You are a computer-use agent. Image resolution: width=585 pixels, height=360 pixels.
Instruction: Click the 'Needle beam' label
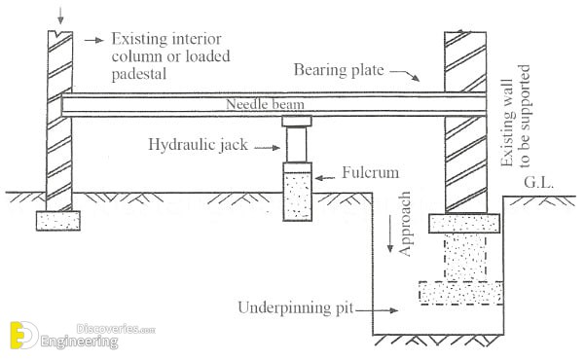[x=265, y=104]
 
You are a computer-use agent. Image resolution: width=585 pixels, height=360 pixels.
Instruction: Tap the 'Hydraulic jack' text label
[x=198, y=144]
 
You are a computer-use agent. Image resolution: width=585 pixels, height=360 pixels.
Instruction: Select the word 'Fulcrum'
[x=371, y=172]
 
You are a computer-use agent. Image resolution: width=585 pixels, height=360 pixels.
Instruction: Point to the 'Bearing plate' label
[x=339, y=70]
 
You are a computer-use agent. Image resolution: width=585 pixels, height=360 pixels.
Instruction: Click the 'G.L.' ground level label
[x=538, y=183]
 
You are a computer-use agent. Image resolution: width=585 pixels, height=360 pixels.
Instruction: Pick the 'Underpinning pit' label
[x=296, y=308]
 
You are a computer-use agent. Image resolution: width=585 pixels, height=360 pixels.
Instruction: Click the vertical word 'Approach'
[x=405, y=224]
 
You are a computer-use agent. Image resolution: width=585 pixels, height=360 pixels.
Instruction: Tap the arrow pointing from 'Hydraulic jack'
[x=267, y=148]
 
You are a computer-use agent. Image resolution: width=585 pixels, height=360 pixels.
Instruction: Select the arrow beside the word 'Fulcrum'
[x=325, y=178]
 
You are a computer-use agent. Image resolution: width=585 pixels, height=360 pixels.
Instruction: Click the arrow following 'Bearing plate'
[x=405, y=75]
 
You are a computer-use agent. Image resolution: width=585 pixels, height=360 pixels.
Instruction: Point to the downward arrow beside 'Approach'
[x=390, y=234]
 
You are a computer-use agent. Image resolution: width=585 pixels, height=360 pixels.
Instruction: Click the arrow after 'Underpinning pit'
[x=377, y=310]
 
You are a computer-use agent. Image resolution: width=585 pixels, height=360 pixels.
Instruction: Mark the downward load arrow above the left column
[x=60, y=16]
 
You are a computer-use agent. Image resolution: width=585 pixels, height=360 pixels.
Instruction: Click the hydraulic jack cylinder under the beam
[x=297, y=144]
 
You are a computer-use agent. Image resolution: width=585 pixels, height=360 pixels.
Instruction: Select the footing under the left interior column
[x=58, y=221]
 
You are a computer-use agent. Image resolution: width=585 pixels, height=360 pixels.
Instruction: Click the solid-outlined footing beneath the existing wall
[x=464, y=224]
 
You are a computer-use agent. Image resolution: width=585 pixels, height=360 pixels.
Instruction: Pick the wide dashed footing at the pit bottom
[x=461, y=293]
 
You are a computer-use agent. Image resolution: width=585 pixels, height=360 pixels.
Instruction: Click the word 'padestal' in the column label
[x=139, y=74]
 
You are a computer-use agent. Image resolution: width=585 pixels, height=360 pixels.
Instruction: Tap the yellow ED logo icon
[x=24, y=335]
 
